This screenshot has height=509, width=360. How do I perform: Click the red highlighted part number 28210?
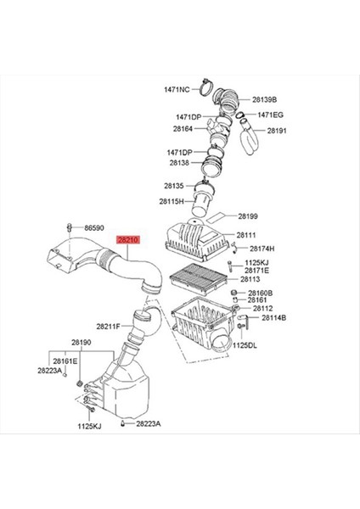(x=128, y=240)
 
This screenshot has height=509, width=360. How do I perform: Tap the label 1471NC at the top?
(x=177, y=88)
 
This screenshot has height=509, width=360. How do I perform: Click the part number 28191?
(x=278, y=131)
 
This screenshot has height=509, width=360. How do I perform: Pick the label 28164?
(x=183, y=129)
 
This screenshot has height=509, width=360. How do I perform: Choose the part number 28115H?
(x=172, y=201)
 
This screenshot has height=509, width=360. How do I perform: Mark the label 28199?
(x=248, y=216)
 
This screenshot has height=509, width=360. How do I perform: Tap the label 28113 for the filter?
(x=250, y=278)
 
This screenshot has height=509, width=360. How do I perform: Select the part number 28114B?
(x=273, y=317)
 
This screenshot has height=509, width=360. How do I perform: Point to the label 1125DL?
(x=245, y=345)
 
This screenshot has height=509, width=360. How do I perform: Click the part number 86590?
(x=93, y=228)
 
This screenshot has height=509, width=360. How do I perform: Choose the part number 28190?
(x=81, y=343)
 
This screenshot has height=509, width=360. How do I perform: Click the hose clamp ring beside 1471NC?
(x=205, y=85)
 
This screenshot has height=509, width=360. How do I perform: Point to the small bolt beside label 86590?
(x=68, y=227)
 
